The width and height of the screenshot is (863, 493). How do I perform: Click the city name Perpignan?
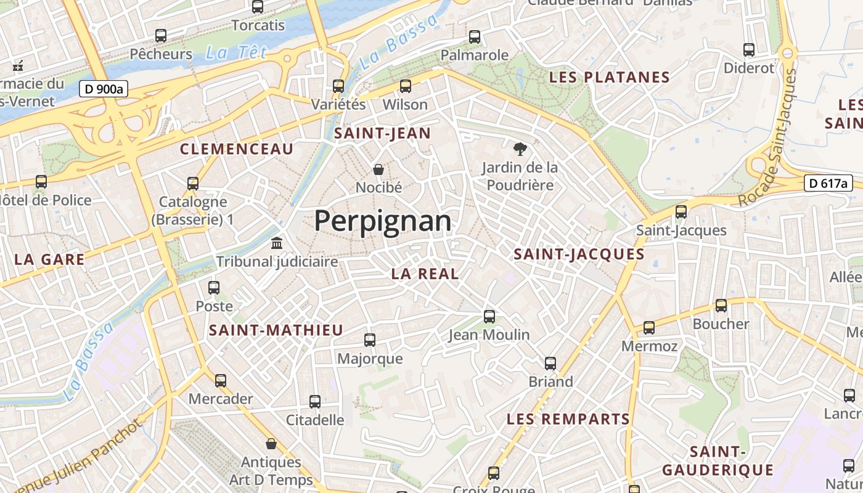382,221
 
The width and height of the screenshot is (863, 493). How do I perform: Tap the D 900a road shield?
103,89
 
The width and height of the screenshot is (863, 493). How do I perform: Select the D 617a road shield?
828,183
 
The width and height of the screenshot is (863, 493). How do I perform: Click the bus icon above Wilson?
405,86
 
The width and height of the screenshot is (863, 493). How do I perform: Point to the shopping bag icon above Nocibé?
378,169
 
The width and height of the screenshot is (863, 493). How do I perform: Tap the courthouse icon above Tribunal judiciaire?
277,243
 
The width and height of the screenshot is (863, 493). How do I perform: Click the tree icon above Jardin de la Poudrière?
520,149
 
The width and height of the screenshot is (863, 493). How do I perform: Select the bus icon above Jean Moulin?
489,317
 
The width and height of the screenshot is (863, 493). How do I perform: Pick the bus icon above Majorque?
370,340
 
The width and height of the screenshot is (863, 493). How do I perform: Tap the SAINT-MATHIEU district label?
276,330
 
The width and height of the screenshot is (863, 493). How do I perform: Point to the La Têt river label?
236,53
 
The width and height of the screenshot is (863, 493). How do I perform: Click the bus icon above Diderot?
749,50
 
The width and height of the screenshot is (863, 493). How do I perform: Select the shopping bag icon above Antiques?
271,444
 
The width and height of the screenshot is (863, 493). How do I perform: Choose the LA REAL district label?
425,274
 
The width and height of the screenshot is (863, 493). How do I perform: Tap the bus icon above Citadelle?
315,402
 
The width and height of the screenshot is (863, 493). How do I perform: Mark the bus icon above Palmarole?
475,37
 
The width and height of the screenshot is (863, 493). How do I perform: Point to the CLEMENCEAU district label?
237,149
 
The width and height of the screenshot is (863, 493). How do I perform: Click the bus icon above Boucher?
721,306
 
